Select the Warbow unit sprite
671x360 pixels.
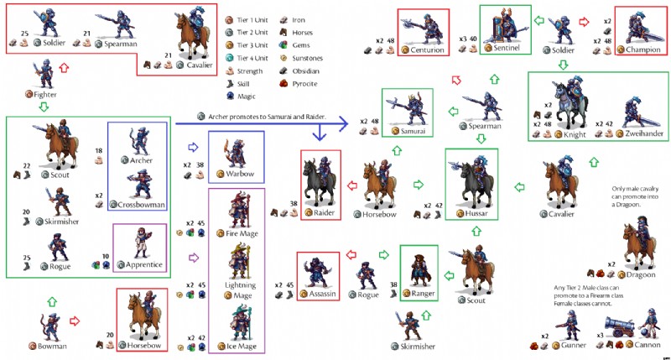[x=233, y=154]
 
